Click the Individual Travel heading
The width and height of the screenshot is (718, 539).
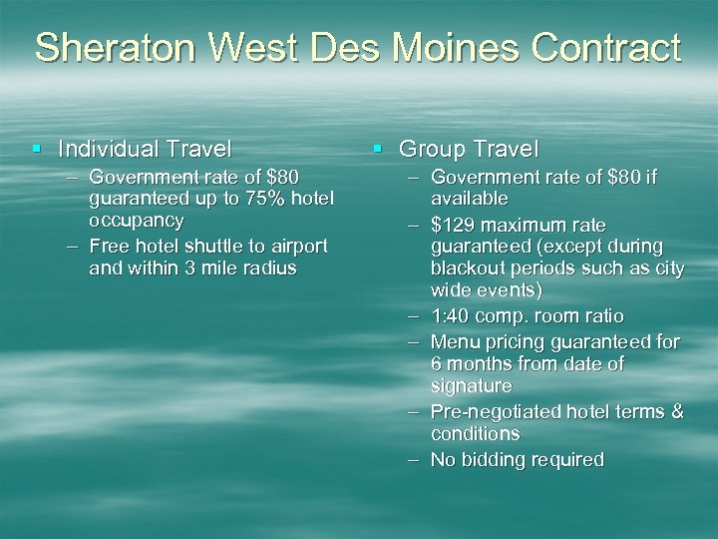point(145,150)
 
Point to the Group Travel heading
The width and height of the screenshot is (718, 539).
point(468,150)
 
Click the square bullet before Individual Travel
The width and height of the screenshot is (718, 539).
point(37,150)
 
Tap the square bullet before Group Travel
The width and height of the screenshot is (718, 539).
point(378,150)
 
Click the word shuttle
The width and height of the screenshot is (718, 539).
point(214,246)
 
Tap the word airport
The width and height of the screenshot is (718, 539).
point(298,246)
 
